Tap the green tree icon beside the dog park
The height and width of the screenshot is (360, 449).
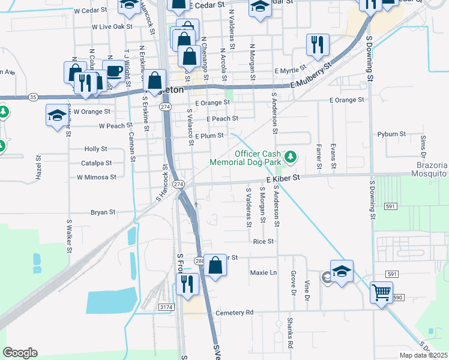tap(291, 157)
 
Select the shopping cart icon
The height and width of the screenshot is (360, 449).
tap(381, 293)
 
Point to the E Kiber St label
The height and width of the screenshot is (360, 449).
tap(283, 179)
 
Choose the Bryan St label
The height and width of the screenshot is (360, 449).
tap(103, 212)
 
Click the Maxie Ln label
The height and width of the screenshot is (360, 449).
tap(264, 272)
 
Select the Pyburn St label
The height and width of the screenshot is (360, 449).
tap(392, 134)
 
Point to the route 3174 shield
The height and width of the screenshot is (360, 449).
tap(166, 307)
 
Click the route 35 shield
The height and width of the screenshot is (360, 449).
tap(33, 97)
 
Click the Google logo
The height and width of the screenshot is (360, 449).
tap(20, 353)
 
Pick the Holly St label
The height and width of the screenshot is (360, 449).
tap(96, 148)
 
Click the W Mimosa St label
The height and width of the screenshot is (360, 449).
tap(96, 178)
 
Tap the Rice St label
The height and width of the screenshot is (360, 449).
tap(264, 242)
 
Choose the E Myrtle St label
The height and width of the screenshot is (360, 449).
tap(291, 70)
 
